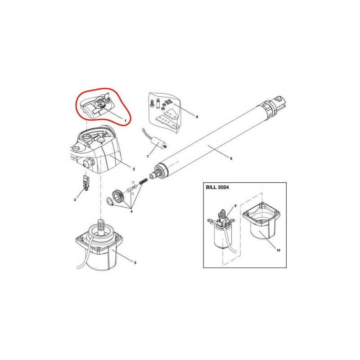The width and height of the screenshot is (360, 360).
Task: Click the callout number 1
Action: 126,120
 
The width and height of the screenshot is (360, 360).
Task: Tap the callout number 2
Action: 134,169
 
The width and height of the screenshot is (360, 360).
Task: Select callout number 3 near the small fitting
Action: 75,200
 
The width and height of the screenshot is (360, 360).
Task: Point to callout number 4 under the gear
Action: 131,211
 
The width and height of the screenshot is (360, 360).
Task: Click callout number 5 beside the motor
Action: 135,262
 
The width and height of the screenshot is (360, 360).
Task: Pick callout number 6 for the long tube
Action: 231,158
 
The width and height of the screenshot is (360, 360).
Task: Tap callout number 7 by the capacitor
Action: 148,157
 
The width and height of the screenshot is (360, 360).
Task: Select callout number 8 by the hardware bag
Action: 197,117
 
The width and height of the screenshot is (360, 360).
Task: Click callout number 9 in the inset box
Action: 235,206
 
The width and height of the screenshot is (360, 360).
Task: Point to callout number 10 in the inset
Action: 278,250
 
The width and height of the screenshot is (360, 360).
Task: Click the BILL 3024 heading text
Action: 217,187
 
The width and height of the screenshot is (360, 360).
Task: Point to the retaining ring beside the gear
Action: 110,202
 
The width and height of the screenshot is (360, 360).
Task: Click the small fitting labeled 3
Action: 86,183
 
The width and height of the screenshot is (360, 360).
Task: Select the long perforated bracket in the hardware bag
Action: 168,121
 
